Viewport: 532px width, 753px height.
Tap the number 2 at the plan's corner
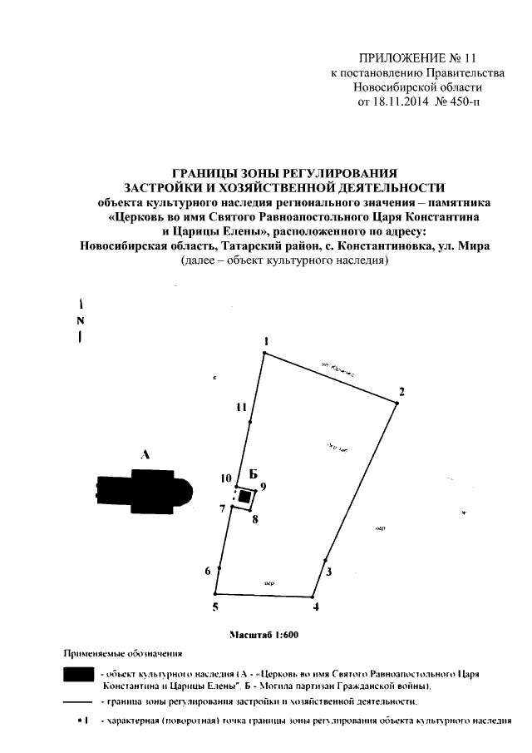coord(401,392)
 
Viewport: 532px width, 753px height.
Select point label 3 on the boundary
coord(329,572)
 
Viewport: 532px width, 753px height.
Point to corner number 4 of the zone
coord(316,607)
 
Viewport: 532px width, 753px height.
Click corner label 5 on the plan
coord(214,607)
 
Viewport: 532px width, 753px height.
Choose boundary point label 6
coord(208,571)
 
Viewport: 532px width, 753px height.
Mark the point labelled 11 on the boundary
coord(241,408)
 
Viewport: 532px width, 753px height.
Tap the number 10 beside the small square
coord(224,478)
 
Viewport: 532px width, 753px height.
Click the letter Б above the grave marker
coord(242,473)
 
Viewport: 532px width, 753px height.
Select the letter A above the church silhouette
coord(145,454)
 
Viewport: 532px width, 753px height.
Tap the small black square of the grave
coord(244,496)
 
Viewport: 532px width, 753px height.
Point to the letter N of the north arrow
coord(81,321)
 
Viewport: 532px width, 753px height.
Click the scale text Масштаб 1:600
coord(263,636)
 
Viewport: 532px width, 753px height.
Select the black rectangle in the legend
coord(79,674)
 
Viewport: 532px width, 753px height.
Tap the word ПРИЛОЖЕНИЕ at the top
coord(396,58)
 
